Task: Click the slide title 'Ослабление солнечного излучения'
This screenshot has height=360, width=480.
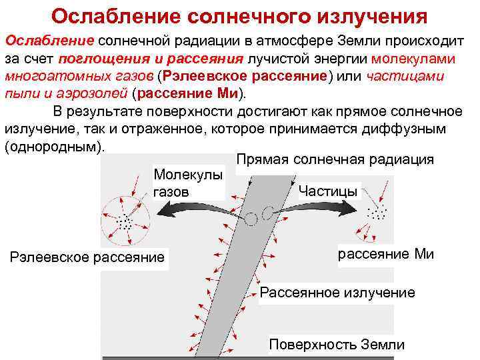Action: [239, 15]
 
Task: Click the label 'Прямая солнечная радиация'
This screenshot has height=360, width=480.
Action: [335, 159]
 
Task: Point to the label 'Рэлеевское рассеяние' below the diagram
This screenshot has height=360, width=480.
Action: [87, 257]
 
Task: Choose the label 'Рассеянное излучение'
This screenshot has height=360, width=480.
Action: [337, 292]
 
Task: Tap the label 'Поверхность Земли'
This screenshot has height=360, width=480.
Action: [337, 344]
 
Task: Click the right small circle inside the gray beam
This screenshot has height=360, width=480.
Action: [268, 213]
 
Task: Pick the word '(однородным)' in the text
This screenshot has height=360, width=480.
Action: [54, 145]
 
